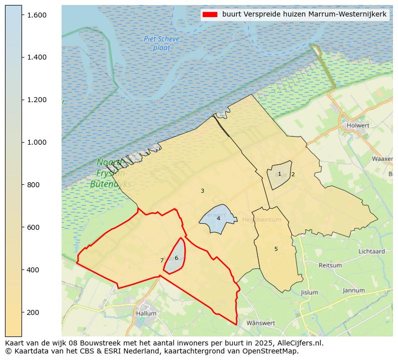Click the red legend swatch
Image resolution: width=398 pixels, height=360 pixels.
209,15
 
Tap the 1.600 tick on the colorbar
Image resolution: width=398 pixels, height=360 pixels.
37,15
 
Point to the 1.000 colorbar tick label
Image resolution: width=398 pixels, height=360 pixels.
37,142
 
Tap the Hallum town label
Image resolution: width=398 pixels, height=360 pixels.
146,313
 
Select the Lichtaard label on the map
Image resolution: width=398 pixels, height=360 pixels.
371,251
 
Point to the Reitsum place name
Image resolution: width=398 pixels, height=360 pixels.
330,265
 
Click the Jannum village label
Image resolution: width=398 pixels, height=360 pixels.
353,290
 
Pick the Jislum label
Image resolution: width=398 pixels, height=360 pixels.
309,292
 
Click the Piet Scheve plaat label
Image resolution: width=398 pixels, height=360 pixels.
161,44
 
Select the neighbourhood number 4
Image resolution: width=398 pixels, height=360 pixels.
218,218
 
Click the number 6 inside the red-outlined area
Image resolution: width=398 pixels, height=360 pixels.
176,258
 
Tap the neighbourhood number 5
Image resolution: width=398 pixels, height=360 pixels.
276,249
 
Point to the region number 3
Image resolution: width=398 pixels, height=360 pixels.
202,191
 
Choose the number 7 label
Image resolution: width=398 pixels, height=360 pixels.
162,260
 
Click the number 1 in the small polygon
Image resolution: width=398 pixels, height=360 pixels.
279,174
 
